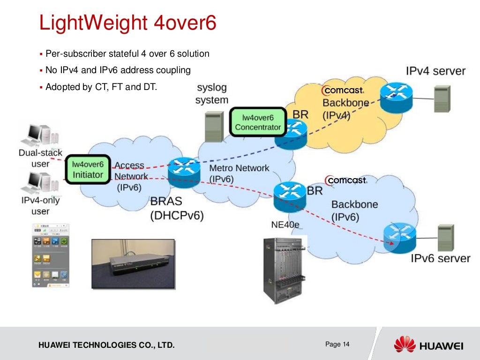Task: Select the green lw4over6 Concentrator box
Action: point(258,122)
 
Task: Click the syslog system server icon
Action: point(214,126)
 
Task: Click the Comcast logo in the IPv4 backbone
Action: point(343,90)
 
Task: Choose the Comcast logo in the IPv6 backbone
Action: point(346,180)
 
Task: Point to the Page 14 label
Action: point(337,345)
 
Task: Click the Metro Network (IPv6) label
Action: point(239,173)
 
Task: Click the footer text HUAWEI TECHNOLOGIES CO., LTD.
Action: point(106,346)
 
